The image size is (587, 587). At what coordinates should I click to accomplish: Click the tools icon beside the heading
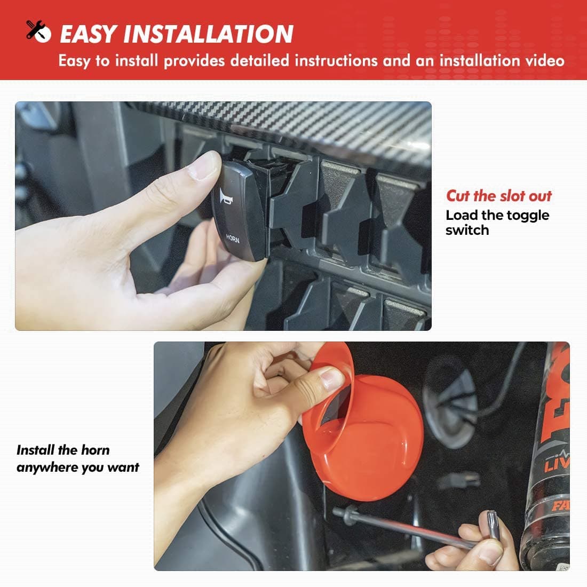click(x=38, y=31)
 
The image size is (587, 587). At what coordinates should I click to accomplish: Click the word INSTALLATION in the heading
click(x=208, y=34)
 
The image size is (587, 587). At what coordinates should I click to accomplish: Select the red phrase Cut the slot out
click(x=498, y=196)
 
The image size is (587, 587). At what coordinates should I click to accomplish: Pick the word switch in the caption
click(x=467, y=230)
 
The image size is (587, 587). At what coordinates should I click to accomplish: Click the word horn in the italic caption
click(x=96, y=450)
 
